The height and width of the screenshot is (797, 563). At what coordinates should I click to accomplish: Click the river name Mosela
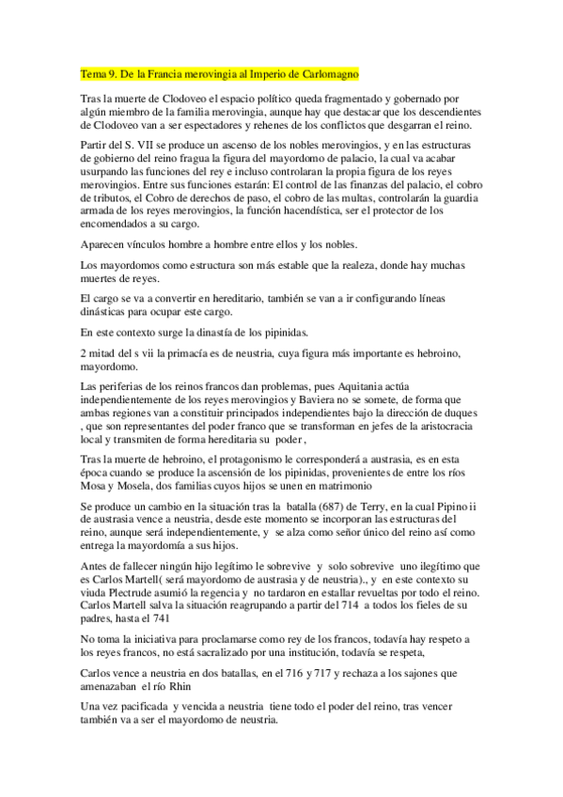pos(141,487)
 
